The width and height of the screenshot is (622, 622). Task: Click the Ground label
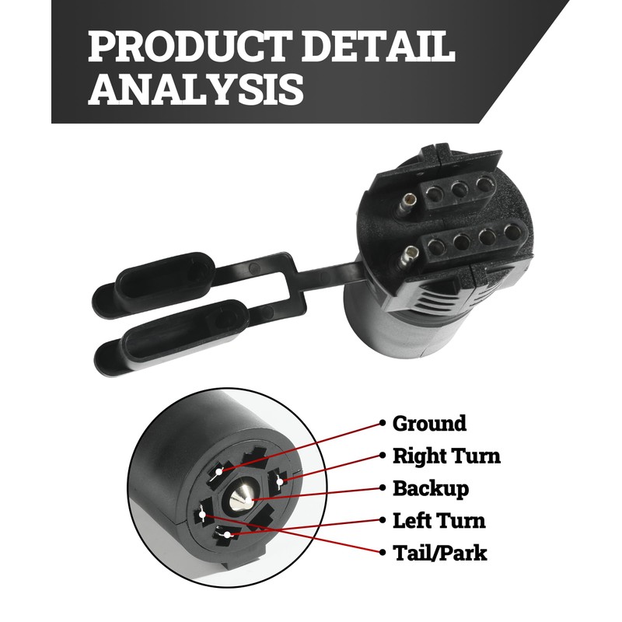pyautogui.click(x=429, y=424)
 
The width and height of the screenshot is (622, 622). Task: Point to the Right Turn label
pyautogui.click(x=446, y=456)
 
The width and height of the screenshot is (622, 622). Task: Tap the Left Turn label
pyautogui.click(x=439, y=521)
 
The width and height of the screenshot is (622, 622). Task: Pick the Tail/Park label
pyautogui.click(x=439, y=554)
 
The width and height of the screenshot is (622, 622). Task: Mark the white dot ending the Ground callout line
pyautogui.click(x=221, y=471)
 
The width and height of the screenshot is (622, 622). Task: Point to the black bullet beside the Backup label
pyautogui.click(x=383, y=489)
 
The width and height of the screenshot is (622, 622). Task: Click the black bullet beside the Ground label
pyautogui.click(x=383, y=424)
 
